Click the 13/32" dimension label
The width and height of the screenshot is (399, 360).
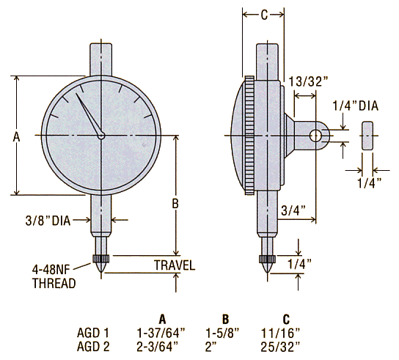pyautogui.click(x=309, y=81)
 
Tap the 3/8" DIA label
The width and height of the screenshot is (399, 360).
pyautogui.click(x=48, y=220)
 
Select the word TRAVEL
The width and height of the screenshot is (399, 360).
pyautogui.click(x=175, y=265)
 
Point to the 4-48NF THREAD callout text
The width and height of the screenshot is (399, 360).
pyautogui.click(x=54, y=276)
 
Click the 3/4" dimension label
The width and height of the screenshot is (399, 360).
pyautogui.click(x=293, y=210)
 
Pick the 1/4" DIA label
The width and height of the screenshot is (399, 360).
pyautogui.click(x=356, y=106)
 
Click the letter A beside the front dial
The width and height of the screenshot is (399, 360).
pyautogui.click(x=17, y=137)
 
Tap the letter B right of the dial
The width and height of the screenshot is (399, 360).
pyautogui.click(x=175, y=204)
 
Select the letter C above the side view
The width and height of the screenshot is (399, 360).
pyautogui.click(x=264, y=15)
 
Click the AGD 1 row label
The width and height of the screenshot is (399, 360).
pyautogui.click(x=93, y=333)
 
